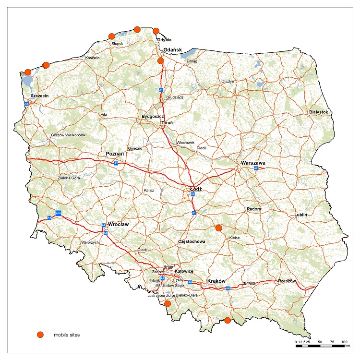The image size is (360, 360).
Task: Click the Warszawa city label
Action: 253,163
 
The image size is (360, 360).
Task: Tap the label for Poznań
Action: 115,154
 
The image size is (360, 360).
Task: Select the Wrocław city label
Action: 118,224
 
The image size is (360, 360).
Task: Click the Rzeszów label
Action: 288,281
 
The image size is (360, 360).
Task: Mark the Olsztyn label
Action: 228,82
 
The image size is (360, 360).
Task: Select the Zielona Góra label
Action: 68,178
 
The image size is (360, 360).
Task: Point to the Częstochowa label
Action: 192,241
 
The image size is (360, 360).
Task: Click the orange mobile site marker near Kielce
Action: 219,228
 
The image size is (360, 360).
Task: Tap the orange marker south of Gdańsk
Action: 161,61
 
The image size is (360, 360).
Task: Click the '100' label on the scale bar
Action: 344,341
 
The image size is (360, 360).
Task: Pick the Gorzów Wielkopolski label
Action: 68,135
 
